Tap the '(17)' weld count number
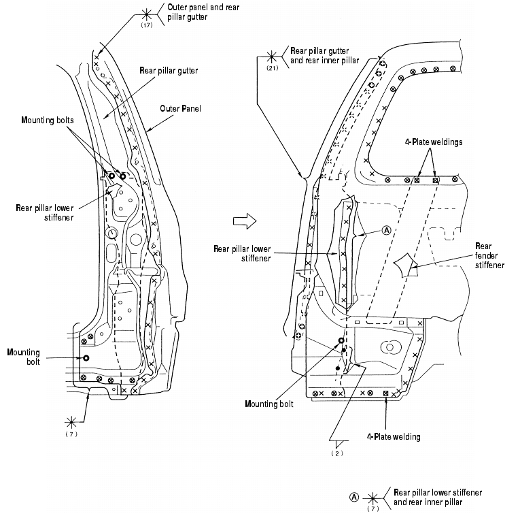[145, 25]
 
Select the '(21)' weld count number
[273, 68]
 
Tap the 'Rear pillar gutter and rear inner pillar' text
[325, 55]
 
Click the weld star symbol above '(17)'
[146, 13]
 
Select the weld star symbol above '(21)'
[272, 56]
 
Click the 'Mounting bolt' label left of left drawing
[24, 357]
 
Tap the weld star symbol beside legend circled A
[372, 497]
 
